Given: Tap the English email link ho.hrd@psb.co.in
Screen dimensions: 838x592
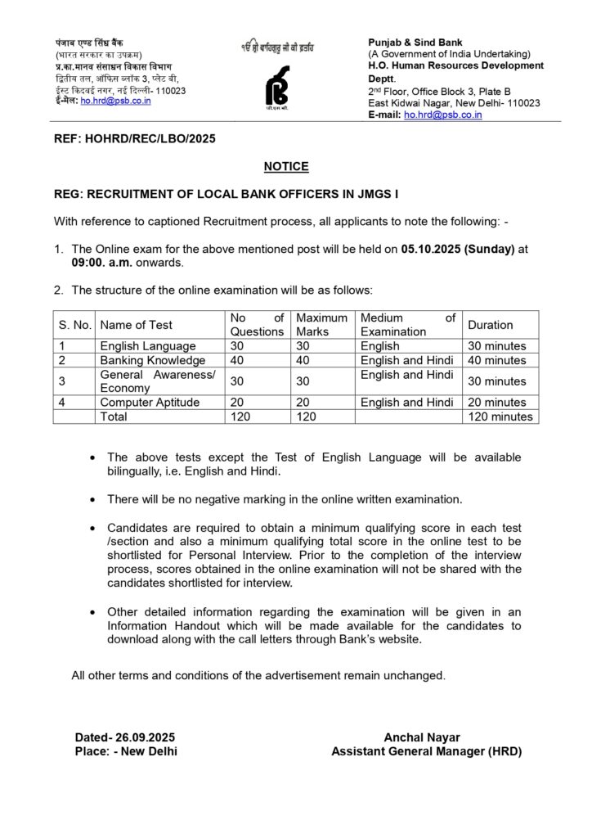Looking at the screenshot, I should [x=442, y=115].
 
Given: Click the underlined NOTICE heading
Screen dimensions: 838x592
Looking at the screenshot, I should [x=286, y=166].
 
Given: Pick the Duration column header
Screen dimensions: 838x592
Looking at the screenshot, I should [x=491, y=325].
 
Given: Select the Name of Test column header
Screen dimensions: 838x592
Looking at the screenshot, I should [x=137, y=325].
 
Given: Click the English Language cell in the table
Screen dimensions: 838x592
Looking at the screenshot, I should [x=147, y=346].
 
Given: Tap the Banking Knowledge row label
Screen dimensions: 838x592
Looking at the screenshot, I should [x=152, y=360].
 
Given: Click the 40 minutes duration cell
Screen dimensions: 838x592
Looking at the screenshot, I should [x=497, y=360].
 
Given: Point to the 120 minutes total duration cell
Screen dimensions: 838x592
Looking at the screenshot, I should [x=500, y=417].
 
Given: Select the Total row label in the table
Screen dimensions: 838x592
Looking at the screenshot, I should [x=115, y=417].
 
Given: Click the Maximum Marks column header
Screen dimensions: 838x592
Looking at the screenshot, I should [x=321, y=325].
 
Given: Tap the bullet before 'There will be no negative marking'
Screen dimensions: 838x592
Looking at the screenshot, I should [x=96, y=498].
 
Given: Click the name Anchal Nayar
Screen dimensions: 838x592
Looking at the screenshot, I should [x=426, y=737].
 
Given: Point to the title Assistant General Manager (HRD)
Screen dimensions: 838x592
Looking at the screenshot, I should [x=426, y=751].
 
